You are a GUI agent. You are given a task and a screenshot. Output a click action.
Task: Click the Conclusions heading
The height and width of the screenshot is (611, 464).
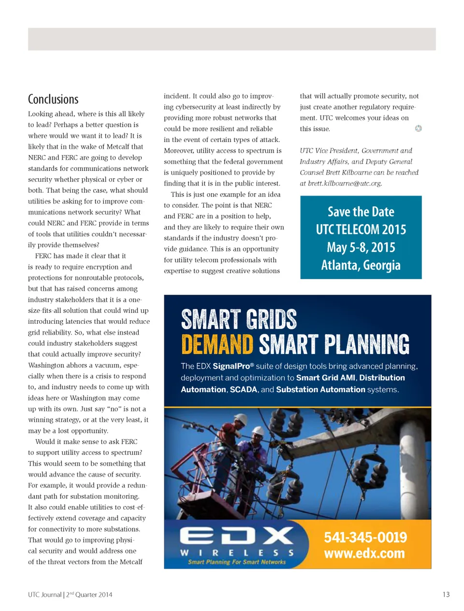(x=53, y=99)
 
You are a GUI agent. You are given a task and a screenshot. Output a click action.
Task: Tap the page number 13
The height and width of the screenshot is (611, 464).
(x=446, y=595)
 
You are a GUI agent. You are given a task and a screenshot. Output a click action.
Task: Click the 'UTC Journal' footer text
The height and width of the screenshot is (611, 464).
(x=44, y=595)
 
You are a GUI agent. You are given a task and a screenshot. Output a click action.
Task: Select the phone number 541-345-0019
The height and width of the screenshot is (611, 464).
(x=365, y=537)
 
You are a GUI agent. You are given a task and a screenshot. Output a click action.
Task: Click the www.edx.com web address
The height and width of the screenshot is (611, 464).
(x=364, y=554)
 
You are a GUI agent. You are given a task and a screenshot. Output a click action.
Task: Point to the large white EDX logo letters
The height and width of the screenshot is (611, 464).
(x=236, y=536)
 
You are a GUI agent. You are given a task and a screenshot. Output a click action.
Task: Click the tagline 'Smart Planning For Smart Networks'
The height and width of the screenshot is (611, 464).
(x=236, y=562)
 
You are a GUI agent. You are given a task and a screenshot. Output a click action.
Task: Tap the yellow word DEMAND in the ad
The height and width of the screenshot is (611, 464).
(x=217, y=345)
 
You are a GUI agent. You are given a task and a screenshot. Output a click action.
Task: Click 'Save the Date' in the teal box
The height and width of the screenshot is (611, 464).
(x=361, y=212)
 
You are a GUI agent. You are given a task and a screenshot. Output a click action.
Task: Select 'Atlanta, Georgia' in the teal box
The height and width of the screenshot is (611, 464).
(x=361, y=265)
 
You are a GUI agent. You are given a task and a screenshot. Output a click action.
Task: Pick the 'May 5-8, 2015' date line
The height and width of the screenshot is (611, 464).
(x=361, y=247)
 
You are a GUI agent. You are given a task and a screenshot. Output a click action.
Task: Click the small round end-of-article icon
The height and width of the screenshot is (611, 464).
(x=419, y=128)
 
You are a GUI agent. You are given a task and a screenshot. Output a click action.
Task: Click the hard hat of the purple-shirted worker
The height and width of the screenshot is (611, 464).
(x=259, y=429)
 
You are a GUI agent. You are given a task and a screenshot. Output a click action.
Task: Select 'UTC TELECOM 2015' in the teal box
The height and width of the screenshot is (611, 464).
(x=361, y=229)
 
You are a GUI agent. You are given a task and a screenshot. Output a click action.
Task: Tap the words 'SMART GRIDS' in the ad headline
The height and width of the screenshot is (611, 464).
(x=239, y=320)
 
